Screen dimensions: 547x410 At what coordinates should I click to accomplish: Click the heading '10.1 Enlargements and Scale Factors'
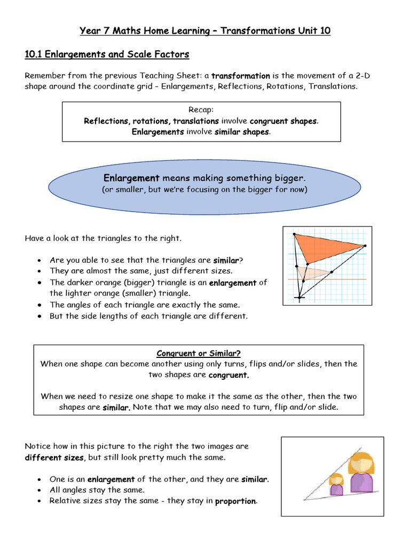click(107, 54)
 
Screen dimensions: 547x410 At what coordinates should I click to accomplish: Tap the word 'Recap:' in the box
click(201, 110)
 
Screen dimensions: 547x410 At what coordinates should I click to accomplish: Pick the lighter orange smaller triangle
click(310, 272)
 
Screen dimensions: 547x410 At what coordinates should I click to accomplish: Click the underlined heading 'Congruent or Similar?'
click(199, 354)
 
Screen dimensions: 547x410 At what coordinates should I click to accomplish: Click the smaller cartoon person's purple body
click(336, 489)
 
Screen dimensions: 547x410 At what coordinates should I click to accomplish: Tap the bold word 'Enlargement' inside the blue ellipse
click(131, 178)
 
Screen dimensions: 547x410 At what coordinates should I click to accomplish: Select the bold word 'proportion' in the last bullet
click(235, 501)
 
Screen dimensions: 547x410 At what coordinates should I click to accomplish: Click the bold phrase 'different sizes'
click(54, 457)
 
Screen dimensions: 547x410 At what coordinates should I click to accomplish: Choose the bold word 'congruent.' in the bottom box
click(228, 375)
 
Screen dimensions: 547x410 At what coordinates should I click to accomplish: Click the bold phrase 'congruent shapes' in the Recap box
click(283, 121)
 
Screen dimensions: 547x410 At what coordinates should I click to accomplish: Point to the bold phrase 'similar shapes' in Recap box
click(242, 132)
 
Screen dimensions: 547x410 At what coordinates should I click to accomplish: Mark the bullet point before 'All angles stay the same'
click(40, 490)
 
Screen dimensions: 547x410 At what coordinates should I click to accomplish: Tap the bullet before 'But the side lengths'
click(40, 316)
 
